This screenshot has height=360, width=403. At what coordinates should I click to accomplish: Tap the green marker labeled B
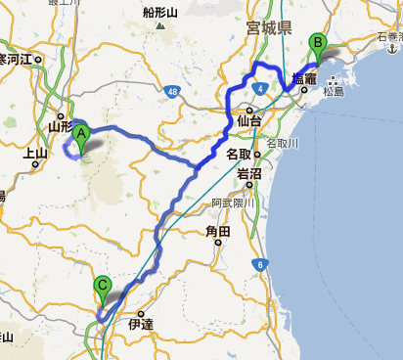317,45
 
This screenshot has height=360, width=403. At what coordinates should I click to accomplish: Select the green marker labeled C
103,290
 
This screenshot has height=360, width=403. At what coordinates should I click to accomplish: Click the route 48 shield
172,91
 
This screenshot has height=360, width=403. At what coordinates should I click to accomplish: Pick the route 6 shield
260,264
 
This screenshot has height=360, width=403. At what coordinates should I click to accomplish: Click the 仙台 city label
250,121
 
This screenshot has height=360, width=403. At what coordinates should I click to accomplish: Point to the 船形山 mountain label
160,14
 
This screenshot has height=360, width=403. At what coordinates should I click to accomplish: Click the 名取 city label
239,154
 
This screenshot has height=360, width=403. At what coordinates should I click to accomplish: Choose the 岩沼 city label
249,173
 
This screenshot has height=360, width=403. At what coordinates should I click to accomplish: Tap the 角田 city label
217,232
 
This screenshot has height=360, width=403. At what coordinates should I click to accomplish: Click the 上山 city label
35,153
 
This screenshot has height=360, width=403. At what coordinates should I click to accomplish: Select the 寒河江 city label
17,60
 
